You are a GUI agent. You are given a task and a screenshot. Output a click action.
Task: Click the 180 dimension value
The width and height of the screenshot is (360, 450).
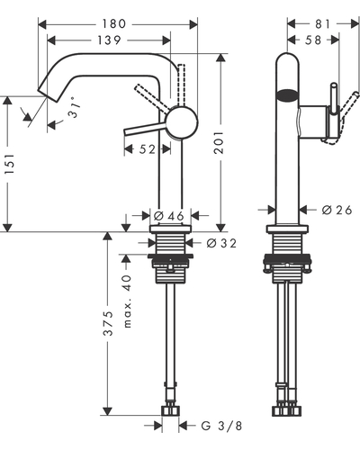pyautogui.click(x=114, y=24)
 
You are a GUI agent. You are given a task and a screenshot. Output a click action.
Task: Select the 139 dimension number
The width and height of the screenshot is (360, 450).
pyautogui.click(x=109, y=40)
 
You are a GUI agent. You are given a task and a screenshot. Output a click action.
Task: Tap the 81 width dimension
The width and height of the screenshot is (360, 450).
pyautogui.click(x=322, y=24)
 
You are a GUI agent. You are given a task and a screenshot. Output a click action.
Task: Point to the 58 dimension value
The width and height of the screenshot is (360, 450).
pyautogui.click(x=313, y=40)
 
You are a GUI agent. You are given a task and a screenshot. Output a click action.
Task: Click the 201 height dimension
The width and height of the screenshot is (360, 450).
pyautogui.click(x=219, y=142)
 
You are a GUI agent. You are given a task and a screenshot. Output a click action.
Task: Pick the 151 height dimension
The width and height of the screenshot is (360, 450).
pyautogui.click(x=9, y=165)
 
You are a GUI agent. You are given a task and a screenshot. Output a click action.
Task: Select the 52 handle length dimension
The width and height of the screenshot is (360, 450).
pyautogui.click(x=148, y=149)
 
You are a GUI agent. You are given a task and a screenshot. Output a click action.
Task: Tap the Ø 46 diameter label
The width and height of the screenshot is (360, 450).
pyautogui.click(x=168, y=216)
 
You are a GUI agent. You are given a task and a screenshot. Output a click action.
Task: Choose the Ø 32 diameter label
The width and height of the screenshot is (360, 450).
pyautogui.click(x=221, y=243)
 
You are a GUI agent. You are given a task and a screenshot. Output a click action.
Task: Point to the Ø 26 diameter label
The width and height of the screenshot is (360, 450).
pyautogui.click(x=337, y=210)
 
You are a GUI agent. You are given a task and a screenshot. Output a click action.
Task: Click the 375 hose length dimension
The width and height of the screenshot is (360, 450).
pyautogui.click(x=108, y=323)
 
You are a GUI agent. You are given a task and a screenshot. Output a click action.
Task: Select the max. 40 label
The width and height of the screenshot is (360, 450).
pyautogui.click(x=128, y=301)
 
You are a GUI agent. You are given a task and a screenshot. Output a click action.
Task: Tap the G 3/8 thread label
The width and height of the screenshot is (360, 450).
pyautogui.click(x=221, y=426)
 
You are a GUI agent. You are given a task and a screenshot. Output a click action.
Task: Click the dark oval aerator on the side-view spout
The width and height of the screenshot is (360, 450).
pyautogui.click(x=287, y=94)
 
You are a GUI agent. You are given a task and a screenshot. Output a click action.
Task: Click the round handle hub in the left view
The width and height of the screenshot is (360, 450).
pyautogui.click(x=182, y=122)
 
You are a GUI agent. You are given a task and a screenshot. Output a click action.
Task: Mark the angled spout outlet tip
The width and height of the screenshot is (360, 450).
pyautogui.click(x=48, y=94)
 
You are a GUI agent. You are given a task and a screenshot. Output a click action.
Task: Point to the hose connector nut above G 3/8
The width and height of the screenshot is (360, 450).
pyautogui.click(x=170, y=410)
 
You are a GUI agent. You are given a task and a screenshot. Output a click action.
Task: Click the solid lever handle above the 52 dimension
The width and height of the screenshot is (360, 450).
pyautogui.click(x=146, y=128)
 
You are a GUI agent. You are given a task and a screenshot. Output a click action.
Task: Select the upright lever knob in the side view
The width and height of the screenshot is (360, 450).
pyautogui.click(x=334, y=99)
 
